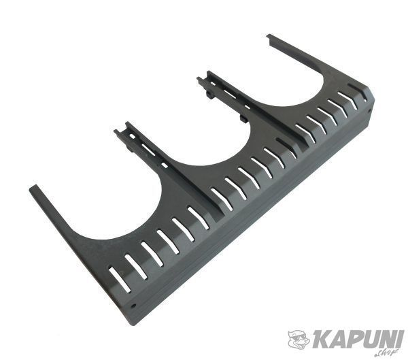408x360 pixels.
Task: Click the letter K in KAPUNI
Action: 320,338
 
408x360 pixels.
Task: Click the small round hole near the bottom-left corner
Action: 134,306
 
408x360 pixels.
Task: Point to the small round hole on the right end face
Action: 369,110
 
